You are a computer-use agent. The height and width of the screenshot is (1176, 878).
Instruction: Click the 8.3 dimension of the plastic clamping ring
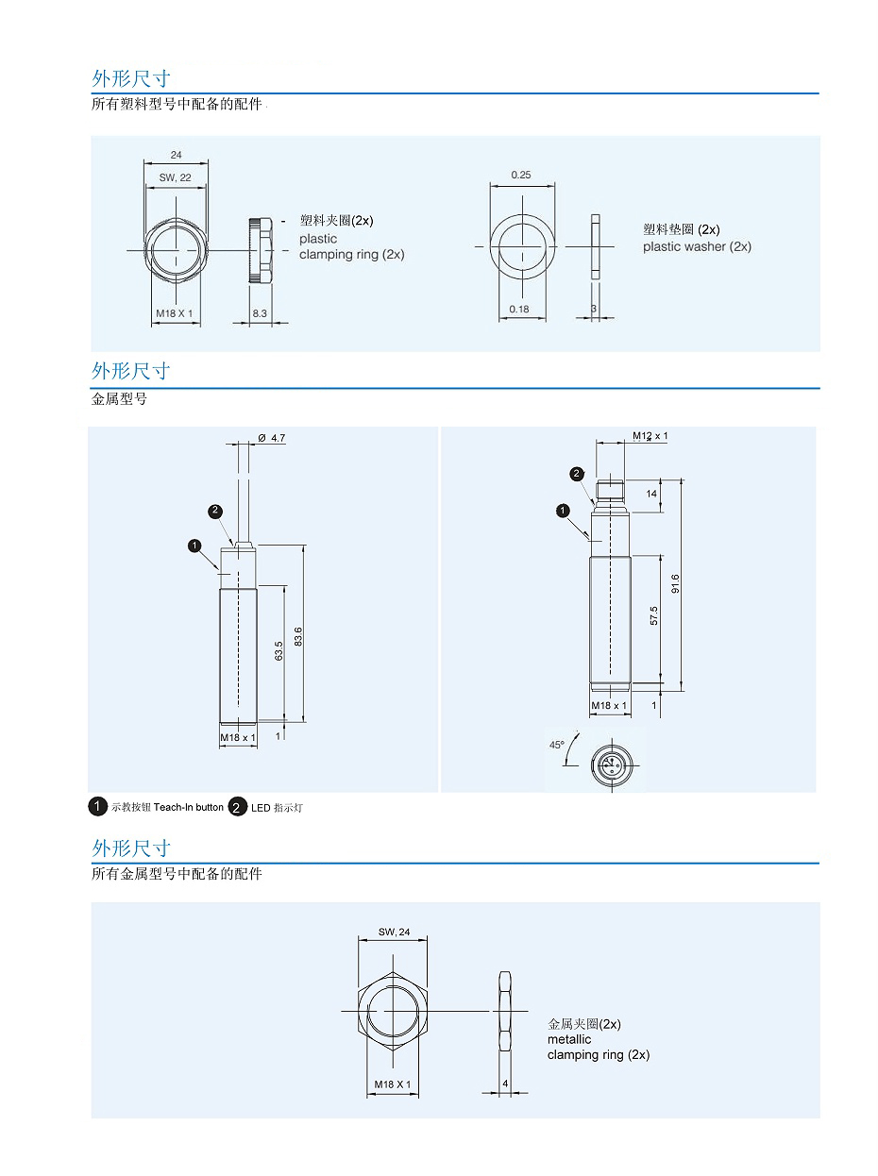click(x=260, y=312)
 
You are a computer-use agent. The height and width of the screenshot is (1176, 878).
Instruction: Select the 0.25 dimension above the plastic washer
click(x=520, y=175)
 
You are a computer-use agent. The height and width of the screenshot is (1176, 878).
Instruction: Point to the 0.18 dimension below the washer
click(x=519, y=310)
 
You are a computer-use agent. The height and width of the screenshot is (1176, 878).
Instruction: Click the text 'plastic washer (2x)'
click(x=697, y=246)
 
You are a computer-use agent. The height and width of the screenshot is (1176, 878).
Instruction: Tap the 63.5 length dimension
click(x=279, y=651)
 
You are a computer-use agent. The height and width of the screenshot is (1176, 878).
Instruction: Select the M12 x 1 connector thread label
click(x=650, y=436)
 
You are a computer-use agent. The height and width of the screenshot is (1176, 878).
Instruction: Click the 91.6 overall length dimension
click(x=675, y=584)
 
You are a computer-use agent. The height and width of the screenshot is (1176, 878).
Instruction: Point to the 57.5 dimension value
click(x=653, y=616)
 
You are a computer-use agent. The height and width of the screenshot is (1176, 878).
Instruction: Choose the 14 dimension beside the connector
click(x=651, y=494)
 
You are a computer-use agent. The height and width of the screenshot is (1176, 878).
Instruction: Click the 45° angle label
click(x=557, y=745)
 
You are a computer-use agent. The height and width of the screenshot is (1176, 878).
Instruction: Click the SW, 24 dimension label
click(x=395, y=932)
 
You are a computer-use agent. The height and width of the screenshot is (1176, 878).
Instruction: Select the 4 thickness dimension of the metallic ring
click(x=505, y=1084)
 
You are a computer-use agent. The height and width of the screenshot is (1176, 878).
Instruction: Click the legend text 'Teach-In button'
click(x=189, y=807)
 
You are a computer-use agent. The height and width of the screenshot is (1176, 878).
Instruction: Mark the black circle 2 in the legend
click(x=239, y=807)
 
